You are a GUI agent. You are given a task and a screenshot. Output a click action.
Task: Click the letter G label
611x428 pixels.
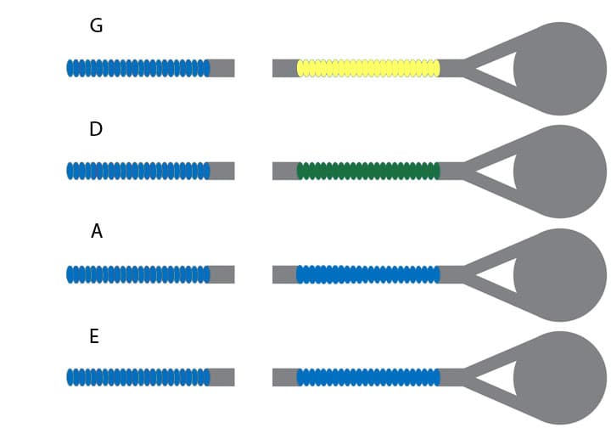96,26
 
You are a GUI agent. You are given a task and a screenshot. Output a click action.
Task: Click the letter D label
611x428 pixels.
96,129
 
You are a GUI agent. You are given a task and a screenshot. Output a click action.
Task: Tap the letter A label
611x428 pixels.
97,231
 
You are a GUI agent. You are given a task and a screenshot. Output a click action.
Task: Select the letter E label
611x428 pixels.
94,336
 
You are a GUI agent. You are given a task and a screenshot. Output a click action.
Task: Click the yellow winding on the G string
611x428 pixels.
368,68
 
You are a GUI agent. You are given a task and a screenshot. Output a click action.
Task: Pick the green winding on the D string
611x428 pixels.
368,171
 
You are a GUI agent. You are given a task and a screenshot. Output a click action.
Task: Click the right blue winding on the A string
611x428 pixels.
368,274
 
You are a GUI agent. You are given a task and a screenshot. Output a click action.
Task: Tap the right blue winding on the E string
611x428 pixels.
368,377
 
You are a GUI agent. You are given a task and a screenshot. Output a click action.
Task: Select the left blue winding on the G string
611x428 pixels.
138,68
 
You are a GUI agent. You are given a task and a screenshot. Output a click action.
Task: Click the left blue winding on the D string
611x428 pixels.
138,171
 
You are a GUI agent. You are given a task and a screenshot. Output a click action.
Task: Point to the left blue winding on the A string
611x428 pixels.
138,274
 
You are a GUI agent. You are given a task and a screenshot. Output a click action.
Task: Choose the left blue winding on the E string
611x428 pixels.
138,377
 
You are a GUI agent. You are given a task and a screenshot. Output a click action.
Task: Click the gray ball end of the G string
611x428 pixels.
561,68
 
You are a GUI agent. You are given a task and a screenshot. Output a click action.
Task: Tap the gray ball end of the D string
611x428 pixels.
561,171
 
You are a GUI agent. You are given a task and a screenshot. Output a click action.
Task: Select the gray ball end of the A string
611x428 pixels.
561,274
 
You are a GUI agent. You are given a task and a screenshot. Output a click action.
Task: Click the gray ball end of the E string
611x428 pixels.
561,377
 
